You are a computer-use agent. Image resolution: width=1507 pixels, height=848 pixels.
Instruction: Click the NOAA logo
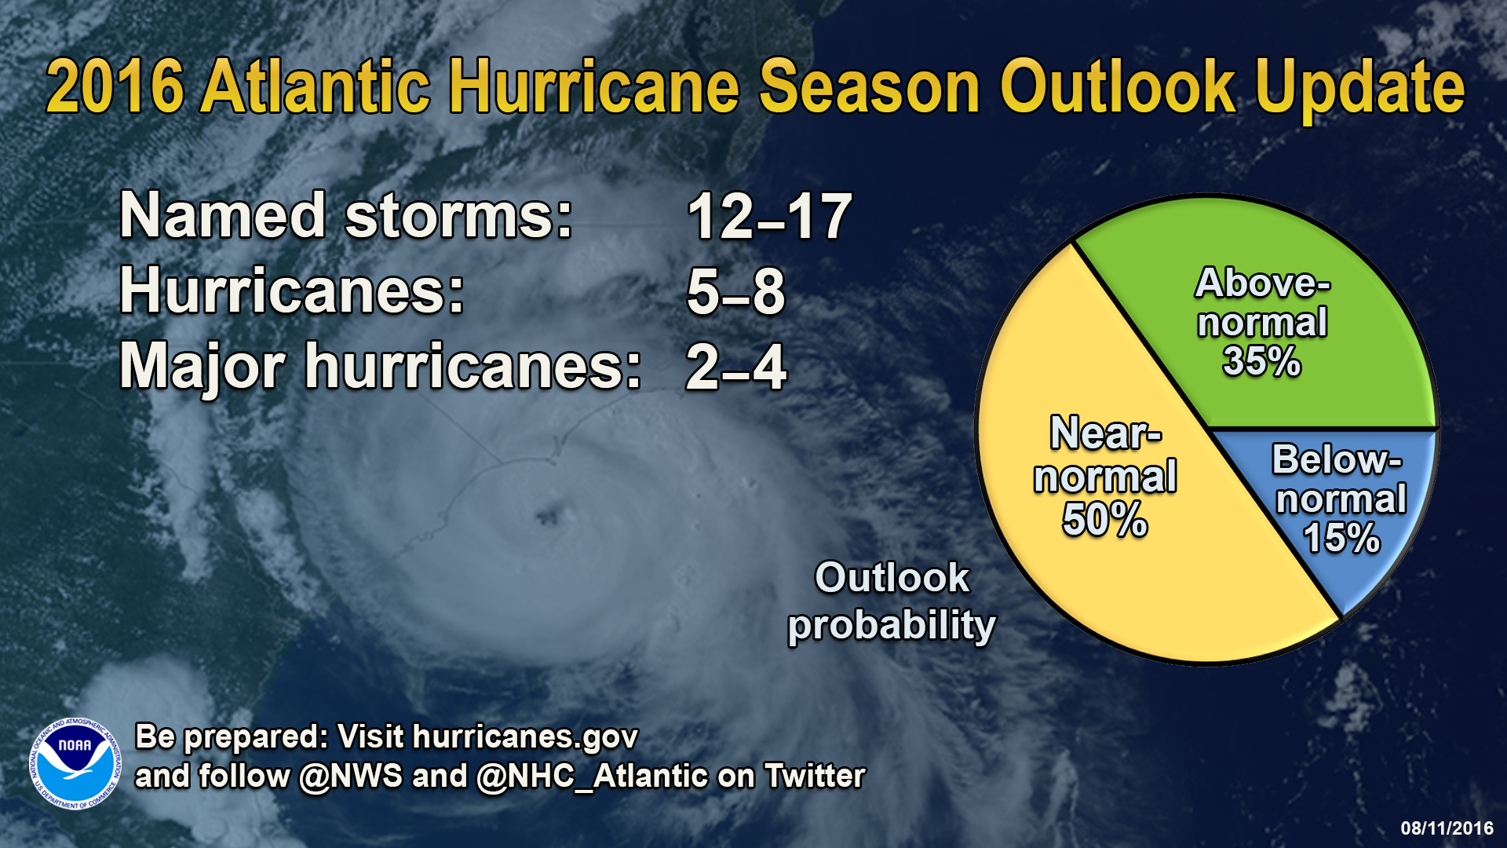click(75, 763)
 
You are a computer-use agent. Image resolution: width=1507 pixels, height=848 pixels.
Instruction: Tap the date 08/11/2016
click(1447, 828)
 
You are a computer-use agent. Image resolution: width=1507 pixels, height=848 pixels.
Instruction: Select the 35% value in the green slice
click(1261, 362)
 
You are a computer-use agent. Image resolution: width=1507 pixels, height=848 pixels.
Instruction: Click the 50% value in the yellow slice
click(1104, 520)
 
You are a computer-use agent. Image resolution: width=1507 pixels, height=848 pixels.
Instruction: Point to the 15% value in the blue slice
click(1341, 539)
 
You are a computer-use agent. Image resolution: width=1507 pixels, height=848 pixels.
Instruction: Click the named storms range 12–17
click(769, 217)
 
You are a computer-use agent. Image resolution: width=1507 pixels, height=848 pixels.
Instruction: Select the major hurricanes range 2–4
click(735, 367)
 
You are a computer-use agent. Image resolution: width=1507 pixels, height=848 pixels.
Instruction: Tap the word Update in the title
click(1359, 88)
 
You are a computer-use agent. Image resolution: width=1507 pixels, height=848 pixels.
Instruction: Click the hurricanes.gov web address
click(525, 737)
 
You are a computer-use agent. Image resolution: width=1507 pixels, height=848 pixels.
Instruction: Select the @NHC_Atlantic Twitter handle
click(592, 776)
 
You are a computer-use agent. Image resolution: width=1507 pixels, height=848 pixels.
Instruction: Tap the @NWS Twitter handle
click(351, 776)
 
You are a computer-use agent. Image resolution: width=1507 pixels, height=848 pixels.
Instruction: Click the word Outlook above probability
click(892, 579)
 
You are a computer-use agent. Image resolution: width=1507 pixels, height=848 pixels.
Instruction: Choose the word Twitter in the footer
click(815, 776)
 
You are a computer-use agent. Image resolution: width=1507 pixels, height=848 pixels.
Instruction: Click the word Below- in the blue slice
click(1336, 460)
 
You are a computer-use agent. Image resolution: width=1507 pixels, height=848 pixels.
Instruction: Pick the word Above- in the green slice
click(1262, 283)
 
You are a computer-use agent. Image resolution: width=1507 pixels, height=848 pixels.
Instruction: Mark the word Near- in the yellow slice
click(1104, 434)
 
